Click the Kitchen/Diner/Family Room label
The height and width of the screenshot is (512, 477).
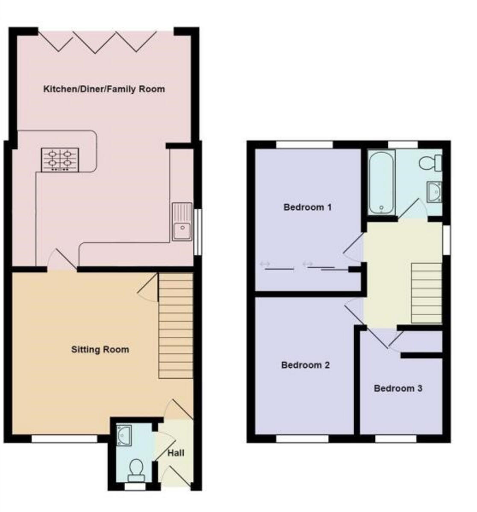(104, 89)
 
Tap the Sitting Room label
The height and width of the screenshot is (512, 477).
(100, 350)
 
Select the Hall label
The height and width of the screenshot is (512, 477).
(176, 453)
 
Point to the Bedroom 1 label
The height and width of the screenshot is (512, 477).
(307, 207)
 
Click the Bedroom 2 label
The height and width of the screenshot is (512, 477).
(305, 365)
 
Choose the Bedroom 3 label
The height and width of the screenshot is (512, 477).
(398, 388)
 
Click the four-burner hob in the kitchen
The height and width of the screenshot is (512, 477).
(60, 160)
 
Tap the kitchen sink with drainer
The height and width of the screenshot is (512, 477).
(182, 222)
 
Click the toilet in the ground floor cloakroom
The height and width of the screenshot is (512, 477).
(136, 467)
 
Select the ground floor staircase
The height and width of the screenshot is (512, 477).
(176, 326)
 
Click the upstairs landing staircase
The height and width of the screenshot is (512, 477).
(426, 293)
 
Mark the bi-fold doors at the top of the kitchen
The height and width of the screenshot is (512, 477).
(97, 41)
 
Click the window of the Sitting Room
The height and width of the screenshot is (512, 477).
(65, 438)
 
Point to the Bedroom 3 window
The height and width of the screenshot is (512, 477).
(396, 438)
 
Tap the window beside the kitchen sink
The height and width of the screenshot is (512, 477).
(197, 233)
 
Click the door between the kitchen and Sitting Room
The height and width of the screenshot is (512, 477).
(62, 261)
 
